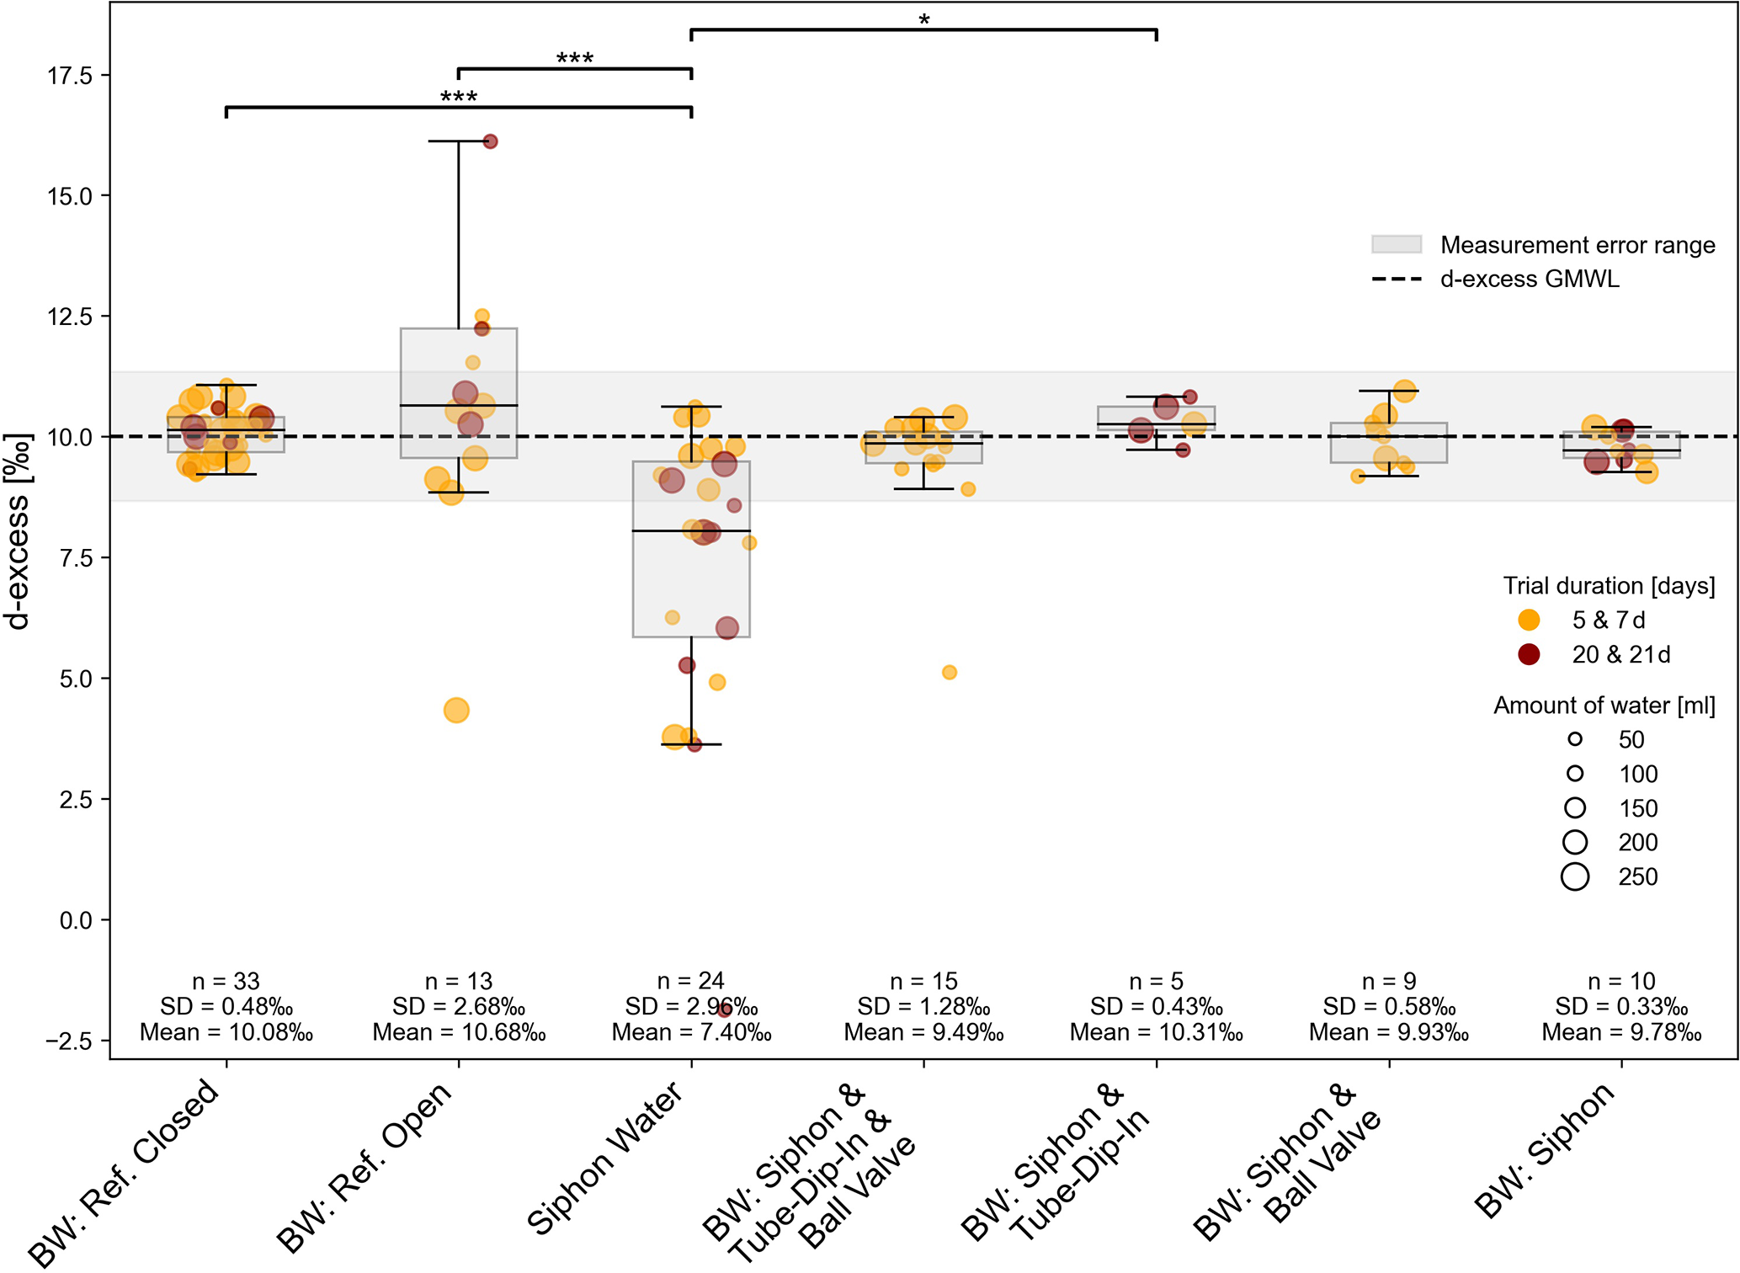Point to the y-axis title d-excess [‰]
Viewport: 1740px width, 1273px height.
click(x=18, y=532)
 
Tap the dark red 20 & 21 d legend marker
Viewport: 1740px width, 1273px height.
click(x=1529, y=654)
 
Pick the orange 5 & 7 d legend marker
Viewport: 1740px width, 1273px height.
click(x=1529, y=621)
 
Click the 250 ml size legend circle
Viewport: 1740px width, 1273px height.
click(x=1574, y=876)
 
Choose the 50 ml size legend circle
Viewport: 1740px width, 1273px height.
click(x=1574, y=739)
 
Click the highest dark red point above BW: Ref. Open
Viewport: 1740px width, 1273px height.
click(x=490, y=141)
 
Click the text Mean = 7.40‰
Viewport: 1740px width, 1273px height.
click(x=691, y=1032)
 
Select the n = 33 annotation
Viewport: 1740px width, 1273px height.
click(x=226, y=981)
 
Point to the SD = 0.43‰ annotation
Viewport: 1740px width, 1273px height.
click(x=1156, y=1007)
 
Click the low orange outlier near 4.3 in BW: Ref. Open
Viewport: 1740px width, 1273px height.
click(x=456, y=711)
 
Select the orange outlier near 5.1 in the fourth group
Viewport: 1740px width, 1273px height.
click(x=949, y=672)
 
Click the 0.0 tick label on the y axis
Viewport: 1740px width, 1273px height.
click(x=76, y=920)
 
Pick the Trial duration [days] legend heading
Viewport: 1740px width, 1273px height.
click(x=1609, y=586)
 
